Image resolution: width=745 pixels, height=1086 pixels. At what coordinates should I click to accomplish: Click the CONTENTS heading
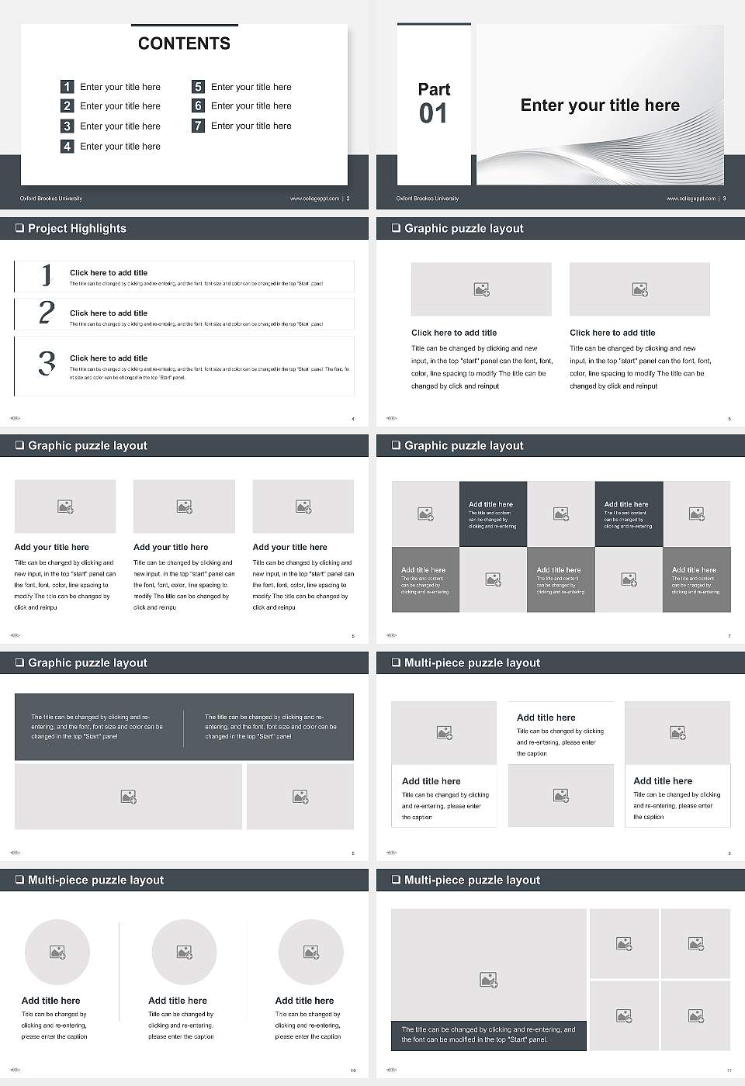click(x=184, y=43)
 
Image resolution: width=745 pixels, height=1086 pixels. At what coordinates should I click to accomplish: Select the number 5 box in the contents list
click(x=198, y=87)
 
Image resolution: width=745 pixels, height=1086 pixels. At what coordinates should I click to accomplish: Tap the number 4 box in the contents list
click(x=68, y=146)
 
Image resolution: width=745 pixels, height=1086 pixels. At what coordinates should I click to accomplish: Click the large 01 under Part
click(x=433, y=114)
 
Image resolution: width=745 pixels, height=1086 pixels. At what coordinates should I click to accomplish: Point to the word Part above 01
click(x=434, y=89)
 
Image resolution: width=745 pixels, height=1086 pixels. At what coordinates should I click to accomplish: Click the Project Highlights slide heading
click(x=77, y=228)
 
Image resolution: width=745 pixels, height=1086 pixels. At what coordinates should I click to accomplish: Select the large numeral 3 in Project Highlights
click(x=47, y=363)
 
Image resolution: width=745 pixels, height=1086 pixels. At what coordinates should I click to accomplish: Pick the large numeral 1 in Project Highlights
click(x=47, y=275)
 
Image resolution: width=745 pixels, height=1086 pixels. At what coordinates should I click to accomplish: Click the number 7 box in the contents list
click(x=198, y=126)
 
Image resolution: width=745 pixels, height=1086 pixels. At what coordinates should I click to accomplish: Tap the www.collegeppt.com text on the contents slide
click(x=314, y=199)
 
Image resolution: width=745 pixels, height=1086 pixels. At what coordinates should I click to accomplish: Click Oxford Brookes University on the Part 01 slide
click(x=427, y=199)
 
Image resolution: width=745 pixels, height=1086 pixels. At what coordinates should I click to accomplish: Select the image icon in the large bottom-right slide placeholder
click(x=488, y=981)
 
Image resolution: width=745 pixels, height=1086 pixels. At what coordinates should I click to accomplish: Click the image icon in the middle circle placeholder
click(x=184, y=952)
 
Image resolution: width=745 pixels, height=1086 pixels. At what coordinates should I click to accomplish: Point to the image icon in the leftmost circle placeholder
click(x=57, y=952)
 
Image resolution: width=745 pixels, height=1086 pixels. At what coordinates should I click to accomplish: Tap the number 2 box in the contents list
click(x=68, y=106)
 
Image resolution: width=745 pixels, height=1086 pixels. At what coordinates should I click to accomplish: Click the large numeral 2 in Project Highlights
click(x=47, y=313)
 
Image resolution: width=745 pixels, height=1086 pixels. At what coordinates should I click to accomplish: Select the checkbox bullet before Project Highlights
click(x=19, y=228)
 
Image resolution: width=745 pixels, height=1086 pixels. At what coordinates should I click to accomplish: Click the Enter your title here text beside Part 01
click(x=600, y=105)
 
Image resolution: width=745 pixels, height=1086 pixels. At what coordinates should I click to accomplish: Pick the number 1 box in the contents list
click(x=68, y=87)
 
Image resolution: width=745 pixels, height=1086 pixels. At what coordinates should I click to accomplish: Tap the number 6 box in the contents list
click(x=198, y=105)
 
